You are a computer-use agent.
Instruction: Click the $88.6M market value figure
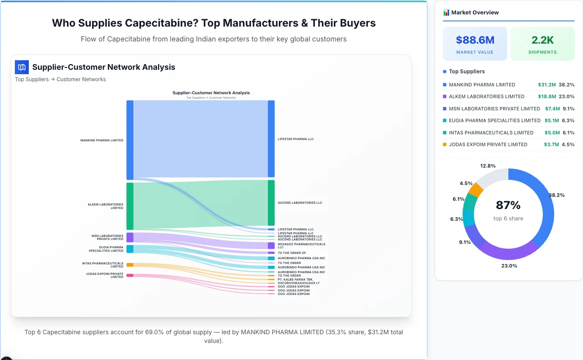tap(475, 40)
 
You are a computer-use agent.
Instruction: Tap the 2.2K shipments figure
tap(542, 40)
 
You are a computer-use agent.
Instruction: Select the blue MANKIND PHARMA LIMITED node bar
tap(130, 140)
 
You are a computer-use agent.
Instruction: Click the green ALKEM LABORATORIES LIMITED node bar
tap(130, 206)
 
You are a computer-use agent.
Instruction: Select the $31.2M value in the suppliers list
tap(547, 85)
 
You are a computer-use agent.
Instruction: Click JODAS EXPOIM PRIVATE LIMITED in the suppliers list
tap(488, 144)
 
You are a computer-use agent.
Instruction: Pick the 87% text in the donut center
tap(508, 205)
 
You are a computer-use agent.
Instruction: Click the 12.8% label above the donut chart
tap(487, 166)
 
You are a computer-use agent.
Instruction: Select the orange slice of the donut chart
tap(475, 190)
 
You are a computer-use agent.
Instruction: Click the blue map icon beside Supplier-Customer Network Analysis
tap(22, 67)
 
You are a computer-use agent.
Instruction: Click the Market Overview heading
tap(475, 12)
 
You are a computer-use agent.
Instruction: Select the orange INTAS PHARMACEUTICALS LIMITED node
tap(130, 265)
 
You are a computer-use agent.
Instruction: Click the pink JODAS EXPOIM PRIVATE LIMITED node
tap(130, 275)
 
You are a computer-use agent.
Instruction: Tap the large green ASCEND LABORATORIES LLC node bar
tap(271, 202)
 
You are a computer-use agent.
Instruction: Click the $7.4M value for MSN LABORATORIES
tap(552, 109)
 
